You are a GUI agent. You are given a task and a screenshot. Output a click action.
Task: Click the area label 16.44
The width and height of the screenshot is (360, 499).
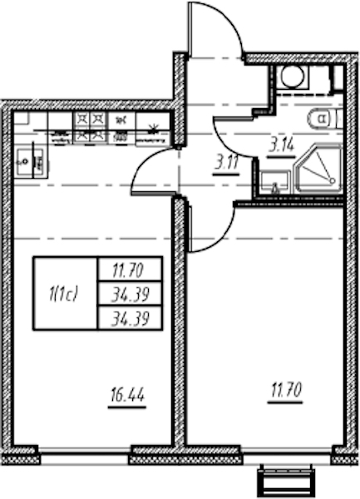(x=127, y=396)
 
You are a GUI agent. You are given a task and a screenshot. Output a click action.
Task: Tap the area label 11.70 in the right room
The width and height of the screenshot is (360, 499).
(x=285, y=391)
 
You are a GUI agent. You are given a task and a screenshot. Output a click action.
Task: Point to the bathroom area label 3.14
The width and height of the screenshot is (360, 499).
(x=281, y=146)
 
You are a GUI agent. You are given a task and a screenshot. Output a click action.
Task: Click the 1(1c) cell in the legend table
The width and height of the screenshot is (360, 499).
(x=65, y=293)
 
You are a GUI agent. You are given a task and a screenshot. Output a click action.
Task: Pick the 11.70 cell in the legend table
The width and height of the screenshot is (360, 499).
(x=130, y=269)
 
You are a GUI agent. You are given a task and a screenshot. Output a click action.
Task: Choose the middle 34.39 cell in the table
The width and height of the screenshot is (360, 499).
(x=130, y=294)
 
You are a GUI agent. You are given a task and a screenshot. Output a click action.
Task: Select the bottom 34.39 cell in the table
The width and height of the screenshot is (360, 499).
(x=130, y=318)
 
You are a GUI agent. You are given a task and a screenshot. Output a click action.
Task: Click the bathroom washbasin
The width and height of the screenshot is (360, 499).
(x=274, y=182)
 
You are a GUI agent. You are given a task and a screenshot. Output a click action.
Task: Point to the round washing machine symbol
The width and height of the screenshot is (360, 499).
(x=293, y=77)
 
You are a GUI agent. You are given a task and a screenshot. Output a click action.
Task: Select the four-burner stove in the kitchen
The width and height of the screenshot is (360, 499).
(x=91, y=127)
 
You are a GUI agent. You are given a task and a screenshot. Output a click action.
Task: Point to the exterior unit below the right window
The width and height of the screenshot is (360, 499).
(x=287, y=482)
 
